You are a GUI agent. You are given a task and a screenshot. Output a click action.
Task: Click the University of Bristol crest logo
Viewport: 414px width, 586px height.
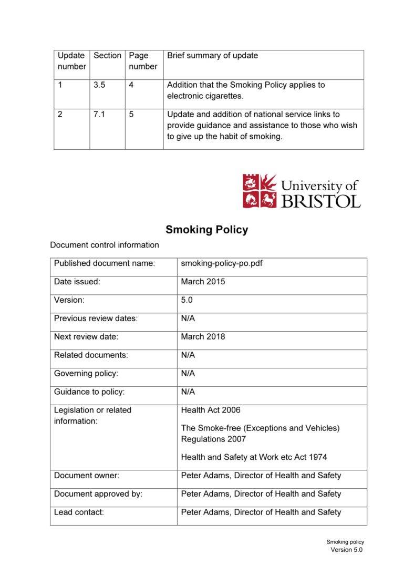(x=260, y=191)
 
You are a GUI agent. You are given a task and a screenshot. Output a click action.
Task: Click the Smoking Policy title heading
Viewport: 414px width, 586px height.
(x=206, y=230)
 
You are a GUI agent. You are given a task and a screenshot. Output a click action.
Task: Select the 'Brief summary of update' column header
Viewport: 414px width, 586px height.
(x=212, y=56)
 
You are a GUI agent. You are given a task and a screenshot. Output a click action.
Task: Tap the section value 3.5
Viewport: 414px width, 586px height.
(x=99, y=85)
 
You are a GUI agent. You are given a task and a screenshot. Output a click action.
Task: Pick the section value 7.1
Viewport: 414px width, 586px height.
(x=99, y=114)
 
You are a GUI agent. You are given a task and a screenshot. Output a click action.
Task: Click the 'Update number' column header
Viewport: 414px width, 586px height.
(x=71, y=61)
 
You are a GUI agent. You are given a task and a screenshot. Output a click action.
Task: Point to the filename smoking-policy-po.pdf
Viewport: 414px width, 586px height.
(x=221, y=263)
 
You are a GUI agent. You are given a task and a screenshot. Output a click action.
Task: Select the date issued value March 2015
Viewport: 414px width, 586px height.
(x=203, y=282)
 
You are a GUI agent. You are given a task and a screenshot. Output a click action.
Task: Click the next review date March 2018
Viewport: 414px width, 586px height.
(x=203, y=337)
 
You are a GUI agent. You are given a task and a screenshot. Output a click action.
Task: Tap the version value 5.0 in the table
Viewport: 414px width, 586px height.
(x=187, y=300)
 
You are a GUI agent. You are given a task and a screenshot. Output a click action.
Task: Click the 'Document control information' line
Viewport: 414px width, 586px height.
(x=104, y=245)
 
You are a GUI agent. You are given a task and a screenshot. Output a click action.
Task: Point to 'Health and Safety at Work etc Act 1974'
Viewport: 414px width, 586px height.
(x=254, y=457)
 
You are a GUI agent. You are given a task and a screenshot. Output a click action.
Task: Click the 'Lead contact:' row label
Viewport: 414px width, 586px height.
(x=79, y=512)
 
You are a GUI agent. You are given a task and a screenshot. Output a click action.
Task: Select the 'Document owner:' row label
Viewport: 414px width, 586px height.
(x=87, y=476)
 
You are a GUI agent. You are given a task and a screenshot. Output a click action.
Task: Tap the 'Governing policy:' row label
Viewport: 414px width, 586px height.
(x=86, y=374)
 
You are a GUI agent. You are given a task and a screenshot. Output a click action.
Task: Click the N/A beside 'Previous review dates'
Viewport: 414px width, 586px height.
(x=188, y=318)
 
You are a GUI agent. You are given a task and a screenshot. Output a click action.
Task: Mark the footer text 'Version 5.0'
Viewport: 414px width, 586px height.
(x=346, y=550)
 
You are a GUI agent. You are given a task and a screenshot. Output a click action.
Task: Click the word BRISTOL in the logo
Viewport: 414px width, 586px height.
(x=321, y=201)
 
